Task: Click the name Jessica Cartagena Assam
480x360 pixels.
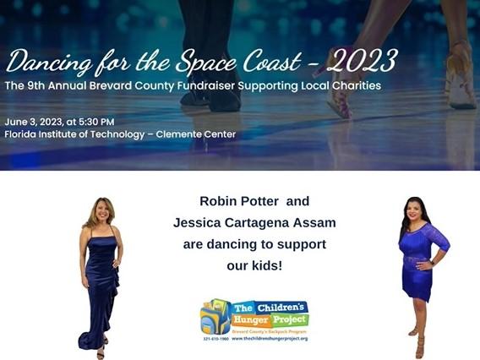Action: point(254,222)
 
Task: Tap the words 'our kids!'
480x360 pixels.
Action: point(254,265)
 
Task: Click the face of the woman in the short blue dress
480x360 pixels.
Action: point(418,209)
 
